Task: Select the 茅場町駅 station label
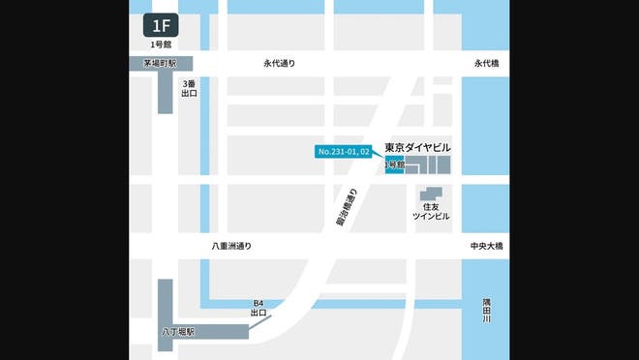click(159, 63)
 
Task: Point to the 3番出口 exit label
click(190, 88)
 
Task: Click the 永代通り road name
click(279, 64)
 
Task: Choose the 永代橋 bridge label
click(486, 64)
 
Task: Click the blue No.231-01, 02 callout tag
click(344, 152)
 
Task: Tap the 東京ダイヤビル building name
click(417, 147)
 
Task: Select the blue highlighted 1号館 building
click(394, 165)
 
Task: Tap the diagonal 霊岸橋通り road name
click(347, 207)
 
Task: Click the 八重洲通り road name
click(231, 247)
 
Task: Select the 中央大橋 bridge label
click(486, 247)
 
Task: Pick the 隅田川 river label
click(487, 311)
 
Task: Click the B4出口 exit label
click(259, 309)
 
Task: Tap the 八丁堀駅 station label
click(178, 332)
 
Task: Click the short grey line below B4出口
click(260, 322)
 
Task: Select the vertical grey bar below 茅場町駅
click(165, 92)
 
